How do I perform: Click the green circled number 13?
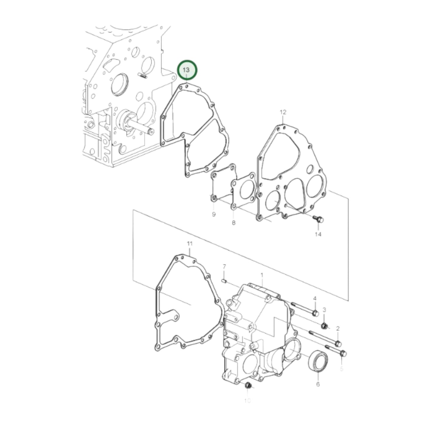tap(187, 70)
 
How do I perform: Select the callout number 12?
tap(283, 112)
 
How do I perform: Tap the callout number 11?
tap(190, 244)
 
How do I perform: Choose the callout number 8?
tap(233, 223)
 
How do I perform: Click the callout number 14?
tap(318, 234)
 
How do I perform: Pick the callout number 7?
tap(224, 266)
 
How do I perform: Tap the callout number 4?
tap(314, 298)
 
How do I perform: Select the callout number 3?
tap(324, 310)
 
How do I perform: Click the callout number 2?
tap(338, 328)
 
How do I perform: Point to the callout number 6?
tap(318, 384)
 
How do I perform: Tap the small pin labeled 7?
tap(225, 281)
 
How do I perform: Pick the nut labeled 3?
tap(325, 325)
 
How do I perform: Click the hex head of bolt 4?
tap(315, 313)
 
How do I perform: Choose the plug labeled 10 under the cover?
tap(248, 386)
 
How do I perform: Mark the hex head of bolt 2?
tap(338, 344)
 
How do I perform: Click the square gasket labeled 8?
tap(243, 191)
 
